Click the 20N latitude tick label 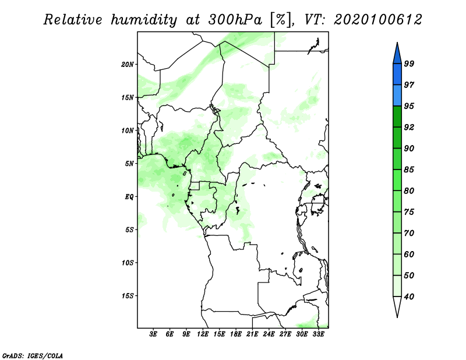(x=128, y=65)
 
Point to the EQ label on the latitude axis (x=129, y=197)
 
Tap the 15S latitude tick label (x=128, y=296)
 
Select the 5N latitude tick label (x=129, y=164)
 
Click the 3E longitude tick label (x=153, y=334)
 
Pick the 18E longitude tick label (x=236, y=334)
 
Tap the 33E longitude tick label (x=318, y=334)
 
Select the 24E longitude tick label (x=269, y=334)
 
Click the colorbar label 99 (x=409, y=63)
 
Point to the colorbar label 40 (x=409, y=297)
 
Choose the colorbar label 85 (x=409, y=170)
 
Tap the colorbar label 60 (x=409, y=254)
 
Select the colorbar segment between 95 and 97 (x=397, y=96)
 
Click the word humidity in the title (x=144, y=20)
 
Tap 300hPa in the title (x=235, y=20)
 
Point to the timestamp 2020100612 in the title (x=377, y=20)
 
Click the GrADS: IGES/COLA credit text (x=33, y=355)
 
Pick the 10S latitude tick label (x=128, y=263)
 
